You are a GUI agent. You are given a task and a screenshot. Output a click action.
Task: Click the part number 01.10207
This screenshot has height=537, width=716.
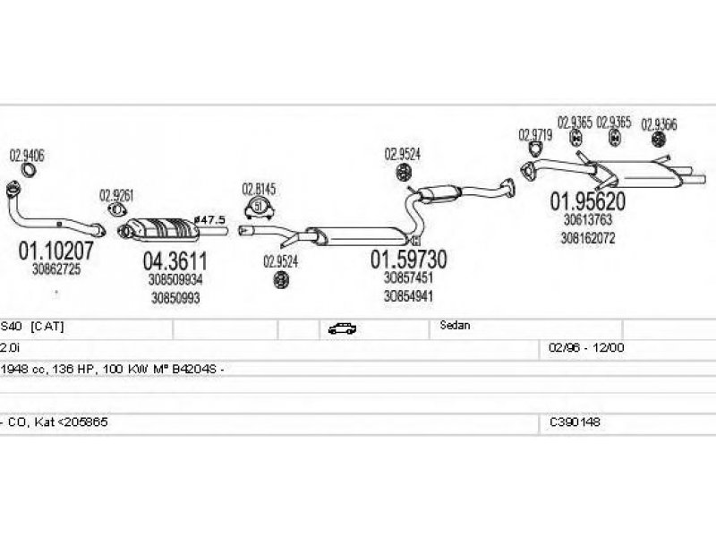55,253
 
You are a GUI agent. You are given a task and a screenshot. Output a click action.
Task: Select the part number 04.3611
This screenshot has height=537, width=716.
175,262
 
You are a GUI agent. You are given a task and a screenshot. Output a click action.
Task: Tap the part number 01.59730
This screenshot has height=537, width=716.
409,260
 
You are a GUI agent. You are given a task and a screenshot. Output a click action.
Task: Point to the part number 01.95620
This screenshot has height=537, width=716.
587,200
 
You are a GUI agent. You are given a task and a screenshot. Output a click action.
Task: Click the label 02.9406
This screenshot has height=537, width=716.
27,155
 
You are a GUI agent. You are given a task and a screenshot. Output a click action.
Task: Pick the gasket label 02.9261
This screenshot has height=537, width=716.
116,194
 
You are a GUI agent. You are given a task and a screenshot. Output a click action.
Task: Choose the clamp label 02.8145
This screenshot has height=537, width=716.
259,189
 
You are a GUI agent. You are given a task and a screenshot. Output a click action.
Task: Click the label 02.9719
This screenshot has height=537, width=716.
534,135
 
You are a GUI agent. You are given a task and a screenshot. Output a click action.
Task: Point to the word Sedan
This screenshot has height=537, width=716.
455,327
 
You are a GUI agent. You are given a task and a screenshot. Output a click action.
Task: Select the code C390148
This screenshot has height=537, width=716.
575,421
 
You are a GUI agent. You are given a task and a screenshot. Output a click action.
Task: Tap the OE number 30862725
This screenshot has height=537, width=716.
55,269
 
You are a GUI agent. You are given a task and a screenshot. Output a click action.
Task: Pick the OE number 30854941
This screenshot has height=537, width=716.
409,294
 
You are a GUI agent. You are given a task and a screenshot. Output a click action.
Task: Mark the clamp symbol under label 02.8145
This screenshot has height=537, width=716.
260,208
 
